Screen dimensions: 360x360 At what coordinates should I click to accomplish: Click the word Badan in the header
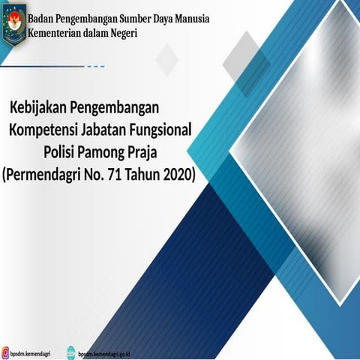(43, 19)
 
